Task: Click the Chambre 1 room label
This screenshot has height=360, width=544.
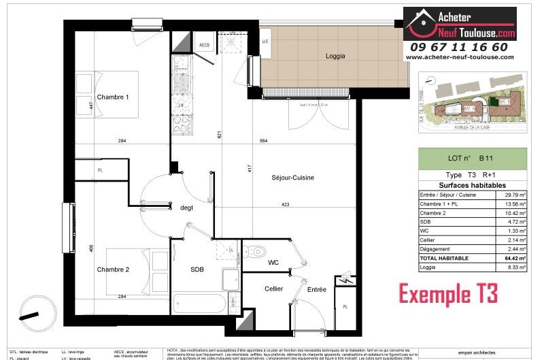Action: pos(113,97)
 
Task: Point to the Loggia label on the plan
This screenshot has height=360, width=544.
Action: pos(326,57)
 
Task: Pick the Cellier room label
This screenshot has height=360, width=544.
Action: pos(273,289)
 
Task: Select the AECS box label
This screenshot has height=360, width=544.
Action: pos(203,45)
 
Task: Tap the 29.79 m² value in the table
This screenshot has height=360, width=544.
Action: pos(512,195)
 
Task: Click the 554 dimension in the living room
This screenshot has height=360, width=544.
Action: pos(263,141)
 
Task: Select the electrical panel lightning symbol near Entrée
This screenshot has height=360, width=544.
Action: pos(345,281)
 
